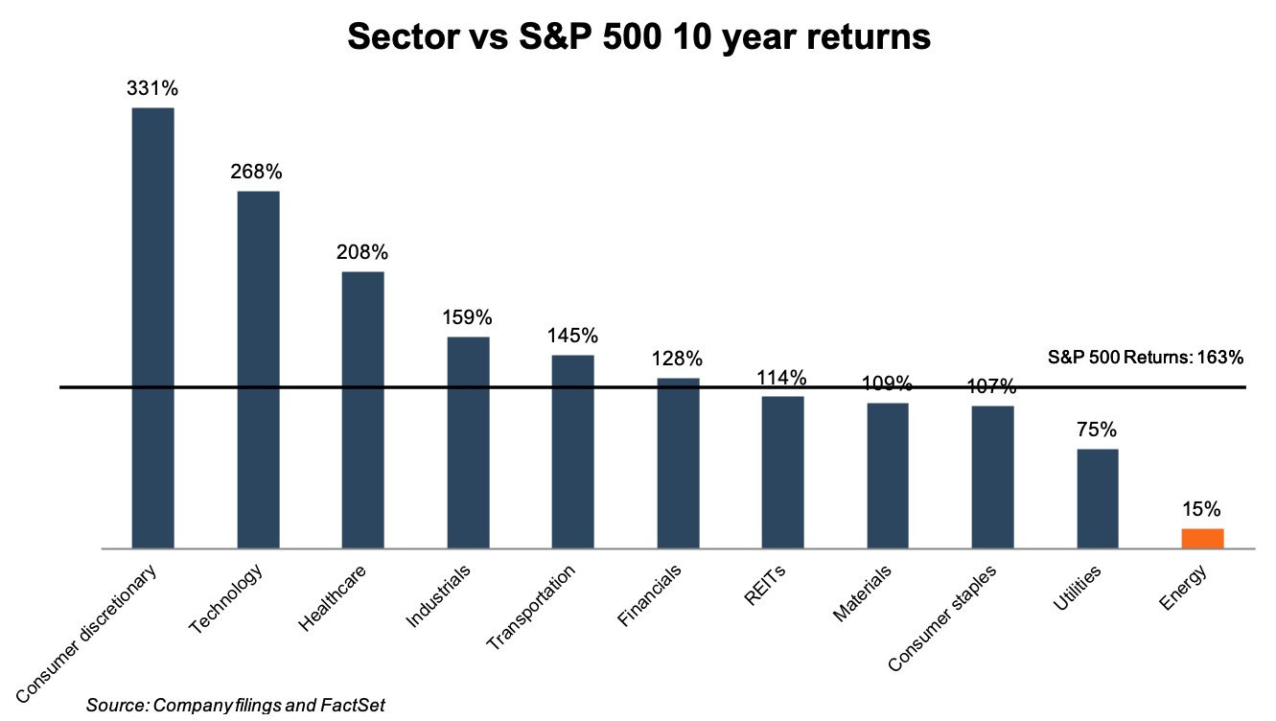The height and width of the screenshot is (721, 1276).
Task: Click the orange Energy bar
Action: coord(1202,539)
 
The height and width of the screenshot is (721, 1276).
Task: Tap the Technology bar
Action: coord(258,369)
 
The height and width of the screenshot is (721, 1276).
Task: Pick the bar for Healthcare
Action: coord(363,409)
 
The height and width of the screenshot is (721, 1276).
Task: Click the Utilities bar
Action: coord(1098,499)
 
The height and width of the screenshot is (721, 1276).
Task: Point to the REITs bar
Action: coord(782,472)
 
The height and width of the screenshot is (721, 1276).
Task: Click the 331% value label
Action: coord(152,88)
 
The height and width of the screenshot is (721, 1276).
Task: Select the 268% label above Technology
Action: coord(257,172)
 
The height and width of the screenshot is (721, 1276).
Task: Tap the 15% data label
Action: coord(1202,509)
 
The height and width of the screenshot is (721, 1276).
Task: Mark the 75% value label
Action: coord(1098,430)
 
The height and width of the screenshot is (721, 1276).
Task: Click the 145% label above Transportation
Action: coord(572,337)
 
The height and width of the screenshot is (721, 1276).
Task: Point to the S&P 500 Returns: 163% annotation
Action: coord(1146,358)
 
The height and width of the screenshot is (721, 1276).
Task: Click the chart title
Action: coord(638,37)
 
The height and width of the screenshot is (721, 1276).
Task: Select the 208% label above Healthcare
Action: coord(362,252)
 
